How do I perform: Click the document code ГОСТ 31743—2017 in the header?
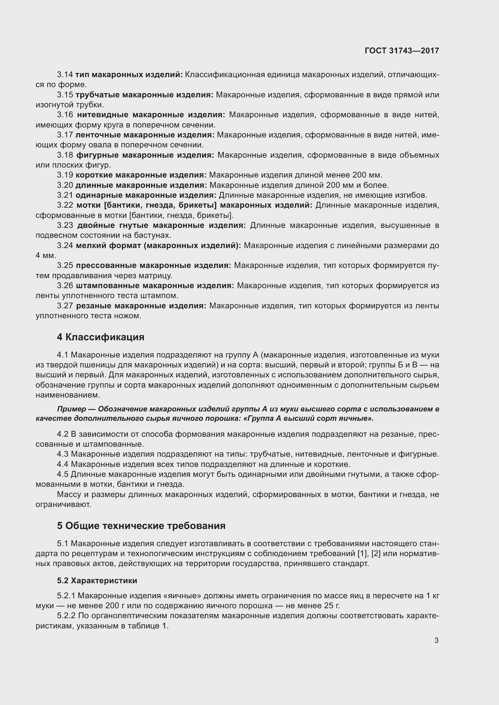click(402, 51)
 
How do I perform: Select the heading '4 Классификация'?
click(100, 337)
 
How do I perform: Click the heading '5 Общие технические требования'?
click(141, 526)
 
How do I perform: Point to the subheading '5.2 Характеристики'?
click(97, 581)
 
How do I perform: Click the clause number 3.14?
click(65, 75)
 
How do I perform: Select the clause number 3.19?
click(65, 175)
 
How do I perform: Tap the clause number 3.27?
click(65, 306)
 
